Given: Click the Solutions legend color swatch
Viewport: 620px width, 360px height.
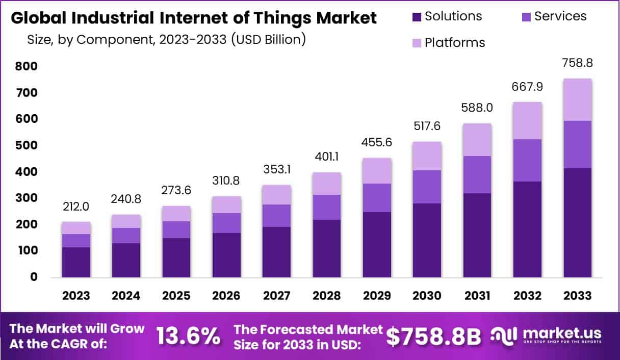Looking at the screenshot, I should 416,16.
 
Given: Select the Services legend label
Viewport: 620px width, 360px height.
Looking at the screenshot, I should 560,16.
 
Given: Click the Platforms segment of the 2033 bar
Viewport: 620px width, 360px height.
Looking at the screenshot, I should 577,100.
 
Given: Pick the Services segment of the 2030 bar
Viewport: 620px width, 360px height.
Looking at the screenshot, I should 427,187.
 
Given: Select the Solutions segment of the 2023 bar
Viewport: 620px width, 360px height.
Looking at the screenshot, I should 76,262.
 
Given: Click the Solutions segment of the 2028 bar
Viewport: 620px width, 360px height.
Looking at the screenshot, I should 327,248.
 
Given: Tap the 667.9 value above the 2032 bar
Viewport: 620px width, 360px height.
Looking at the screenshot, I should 527,87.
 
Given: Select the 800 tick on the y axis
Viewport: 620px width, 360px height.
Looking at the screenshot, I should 26,66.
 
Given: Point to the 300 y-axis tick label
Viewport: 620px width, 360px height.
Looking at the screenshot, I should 26,198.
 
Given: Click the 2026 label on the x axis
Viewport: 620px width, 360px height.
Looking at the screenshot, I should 226,296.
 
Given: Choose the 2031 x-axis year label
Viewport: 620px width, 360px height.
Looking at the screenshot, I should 477,296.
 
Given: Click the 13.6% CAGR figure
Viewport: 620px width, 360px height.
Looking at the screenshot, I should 188,336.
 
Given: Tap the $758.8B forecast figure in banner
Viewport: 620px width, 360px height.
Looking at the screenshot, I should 433,336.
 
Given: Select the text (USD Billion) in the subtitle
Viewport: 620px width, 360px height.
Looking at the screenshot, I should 268,39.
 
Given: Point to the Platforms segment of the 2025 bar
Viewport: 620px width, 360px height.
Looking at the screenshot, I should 176,214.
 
